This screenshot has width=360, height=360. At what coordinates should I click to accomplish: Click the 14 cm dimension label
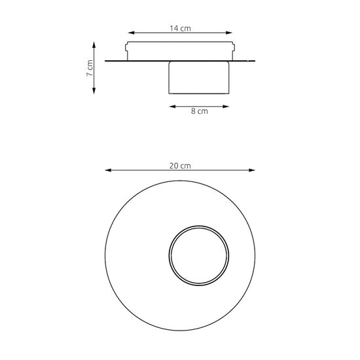coord(180,28)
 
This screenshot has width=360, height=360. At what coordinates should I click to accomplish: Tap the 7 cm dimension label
coord(90,68)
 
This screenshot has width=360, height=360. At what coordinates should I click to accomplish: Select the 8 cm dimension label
coord(200,111)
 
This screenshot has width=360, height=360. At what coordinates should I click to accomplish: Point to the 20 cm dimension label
coord(180,166)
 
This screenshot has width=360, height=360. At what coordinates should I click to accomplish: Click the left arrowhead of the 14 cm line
coord(131,33)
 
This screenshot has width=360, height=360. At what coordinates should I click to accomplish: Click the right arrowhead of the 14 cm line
coord(229,33)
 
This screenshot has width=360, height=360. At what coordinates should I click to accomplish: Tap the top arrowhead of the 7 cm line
coord(94,45)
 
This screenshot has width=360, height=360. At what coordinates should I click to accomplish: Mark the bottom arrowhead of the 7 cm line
coord(94,91)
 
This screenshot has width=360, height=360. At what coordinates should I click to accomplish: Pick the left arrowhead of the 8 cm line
coord(172,107)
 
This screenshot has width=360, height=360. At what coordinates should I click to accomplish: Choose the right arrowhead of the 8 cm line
coord(226,107)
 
